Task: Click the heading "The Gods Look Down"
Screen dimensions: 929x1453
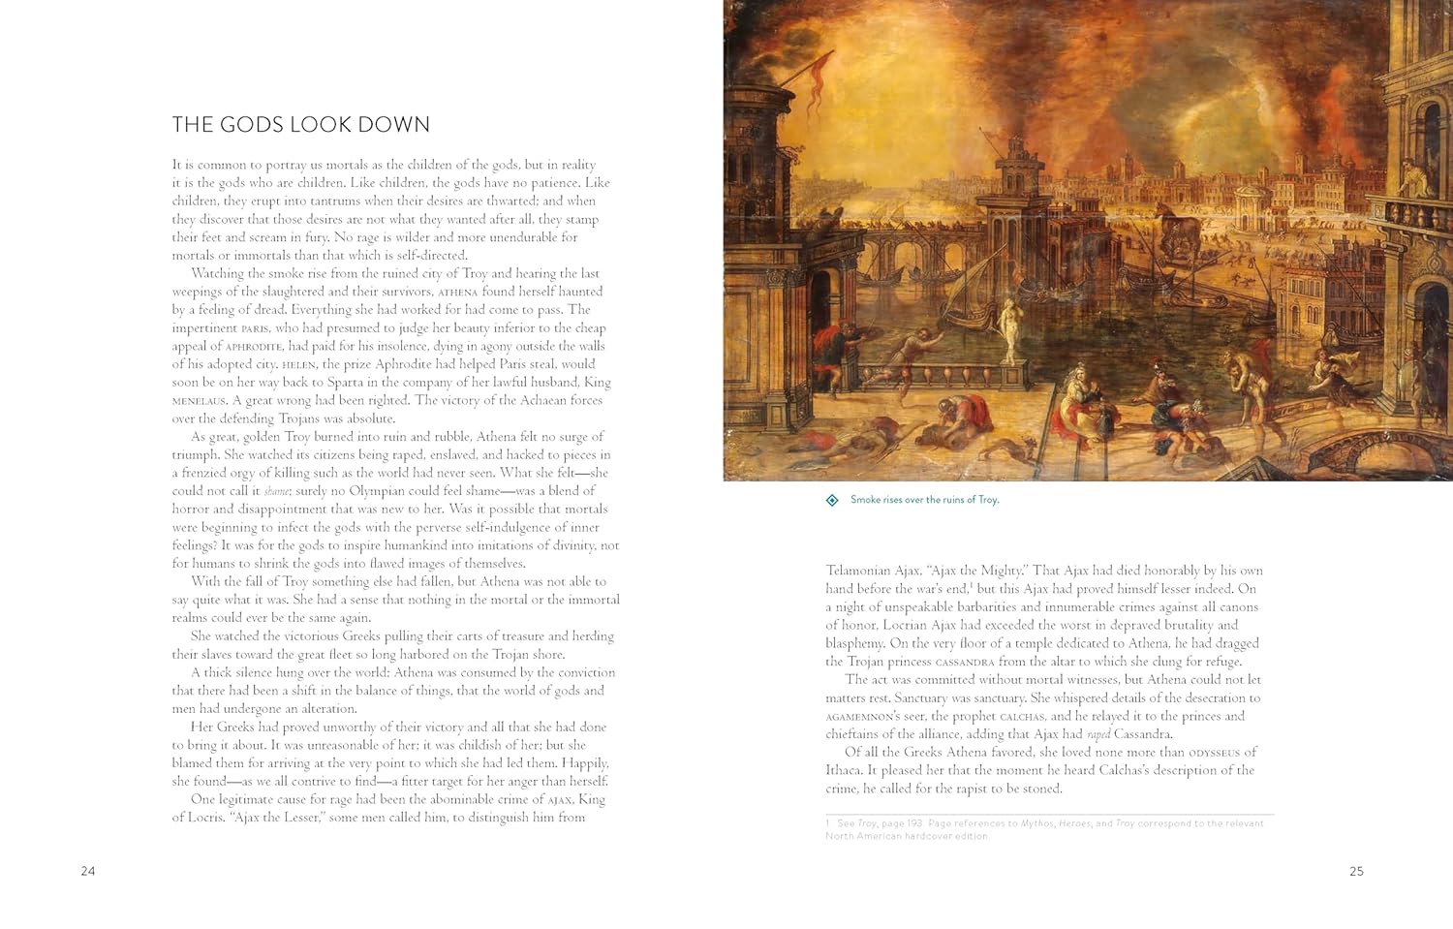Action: click(x=300, y=124)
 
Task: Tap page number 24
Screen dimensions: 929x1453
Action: click(x=88, y=871)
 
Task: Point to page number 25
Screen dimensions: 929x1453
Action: click(x=1356, y=871)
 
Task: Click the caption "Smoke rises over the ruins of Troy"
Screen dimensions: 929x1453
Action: click(x=924, y=500)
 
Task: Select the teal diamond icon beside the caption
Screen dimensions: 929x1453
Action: click(x=832, y=500)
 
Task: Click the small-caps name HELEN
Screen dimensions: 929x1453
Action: click(x=298, y=364)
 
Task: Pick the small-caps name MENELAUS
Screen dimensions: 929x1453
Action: click(x=199, y=400)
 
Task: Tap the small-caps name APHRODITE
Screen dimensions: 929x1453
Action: click(x=254, y=346)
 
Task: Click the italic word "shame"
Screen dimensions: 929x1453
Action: click(x=277, y=491)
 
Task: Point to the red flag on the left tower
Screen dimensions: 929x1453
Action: click(x=817, y=77)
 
